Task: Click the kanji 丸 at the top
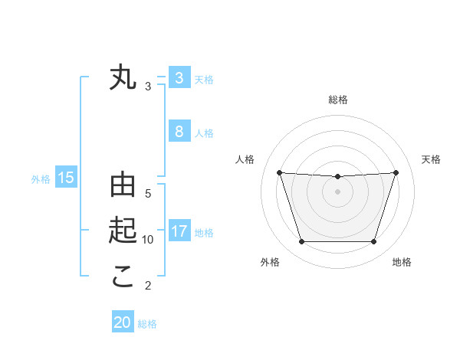pos(123,79)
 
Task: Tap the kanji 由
pos(123,186)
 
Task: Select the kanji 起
pos(123,231)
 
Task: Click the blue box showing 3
pos(179,77)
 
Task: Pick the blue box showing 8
pos(179,131)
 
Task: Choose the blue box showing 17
pos(179,231)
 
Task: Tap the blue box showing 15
pos(65,178)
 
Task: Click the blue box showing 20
pos(123,322)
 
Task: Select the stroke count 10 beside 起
pos(148,240)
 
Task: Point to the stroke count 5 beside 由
pos(148,194)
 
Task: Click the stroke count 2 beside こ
pos(148,286)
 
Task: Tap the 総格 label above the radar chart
pos(338,100)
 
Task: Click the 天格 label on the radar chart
pos(432,159)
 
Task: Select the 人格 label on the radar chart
pos(245,159)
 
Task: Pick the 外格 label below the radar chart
pos(270,262)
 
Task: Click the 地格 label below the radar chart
pos(402,262)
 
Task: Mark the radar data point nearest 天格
pos(396,172)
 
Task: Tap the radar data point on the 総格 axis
pos(337,177)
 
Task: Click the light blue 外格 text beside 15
pos(41,179)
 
